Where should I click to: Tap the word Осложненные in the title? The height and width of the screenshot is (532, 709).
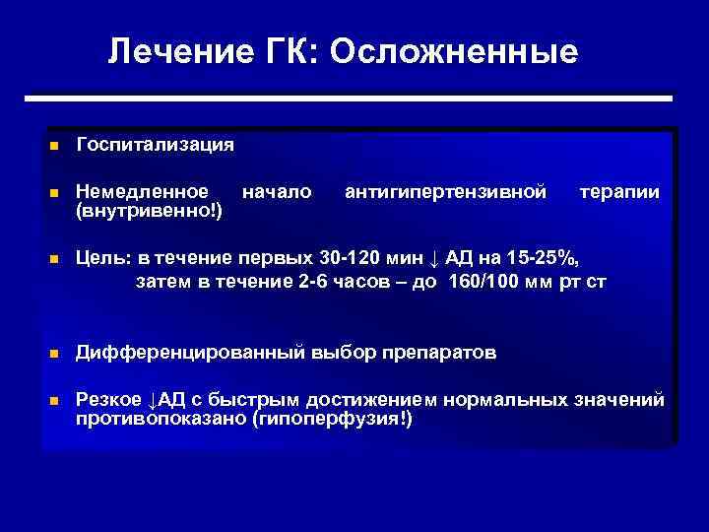[x=455, y=51]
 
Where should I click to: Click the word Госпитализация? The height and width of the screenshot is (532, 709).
[x=156, y=145]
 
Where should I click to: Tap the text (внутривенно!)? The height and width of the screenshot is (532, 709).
[x=150, y=211]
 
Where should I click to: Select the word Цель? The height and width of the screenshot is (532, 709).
[x=104, y=258]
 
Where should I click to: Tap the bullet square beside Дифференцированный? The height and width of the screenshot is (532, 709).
[x=55, y=353]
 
